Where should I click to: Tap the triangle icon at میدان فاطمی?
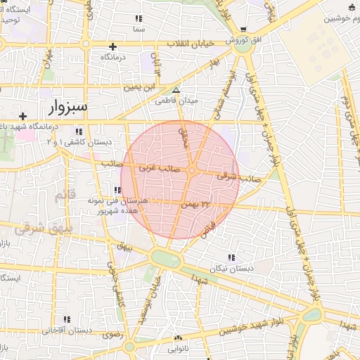[x=176, y=90]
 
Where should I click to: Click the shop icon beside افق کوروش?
[x=243, y=30]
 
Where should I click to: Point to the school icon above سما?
[x=139, y=18]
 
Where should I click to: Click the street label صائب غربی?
[x=157, y=168]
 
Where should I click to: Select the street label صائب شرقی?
[x=238, y=177]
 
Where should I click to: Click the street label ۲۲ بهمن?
[x=195, y=204]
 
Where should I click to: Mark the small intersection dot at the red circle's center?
[x=191, y=171]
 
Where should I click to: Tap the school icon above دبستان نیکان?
[x=232, y=257]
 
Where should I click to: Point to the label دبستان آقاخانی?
[x=67, y=330]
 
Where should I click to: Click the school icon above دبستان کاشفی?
[x=79, y=131]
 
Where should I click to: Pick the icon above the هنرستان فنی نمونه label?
[x=116, y=190]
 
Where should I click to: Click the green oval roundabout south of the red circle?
[x=167, y=259]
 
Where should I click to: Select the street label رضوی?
[x=112, y=335]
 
